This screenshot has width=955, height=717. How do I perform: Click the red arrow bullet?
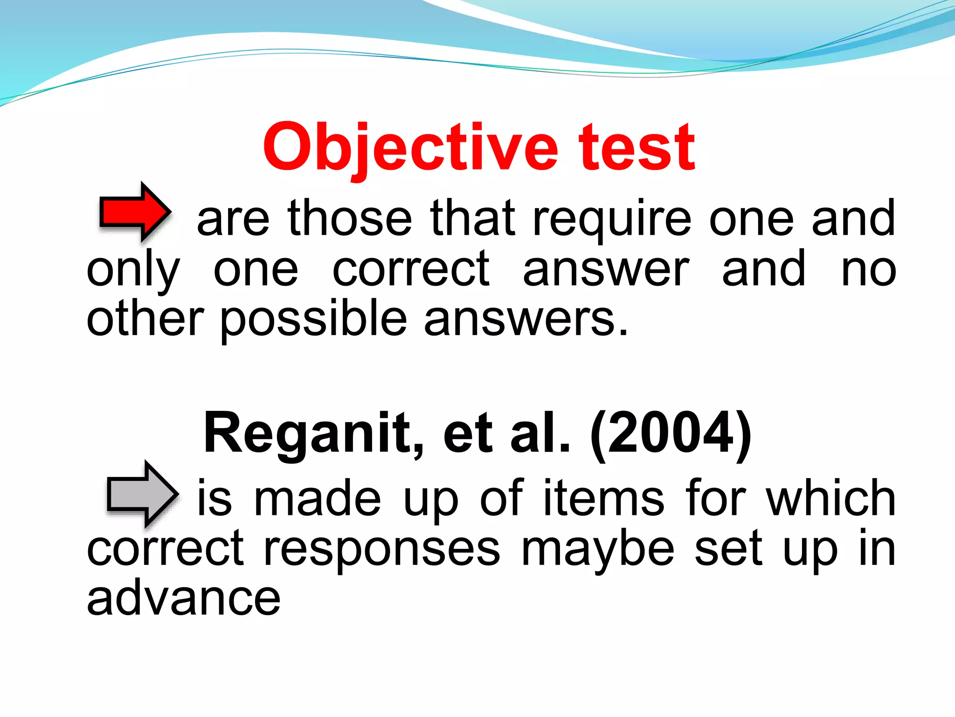pyautogui.click(x=135, y=212)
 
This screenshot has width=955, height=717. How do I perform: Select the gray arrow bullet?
pyautogui.click(x=142, y=493)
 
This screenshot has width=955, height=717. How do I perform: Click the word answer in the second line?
pyautogui.click(x=605, y=270)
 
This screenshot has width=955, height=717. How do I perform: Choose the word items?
pyautogui.click(x=603, y=498)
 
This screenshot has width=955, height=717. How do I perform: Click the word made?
pyautogui.click(x=317, y=498)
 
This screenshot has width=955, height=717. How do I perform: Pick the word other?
pyautogui.click(x=145, y=319)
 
